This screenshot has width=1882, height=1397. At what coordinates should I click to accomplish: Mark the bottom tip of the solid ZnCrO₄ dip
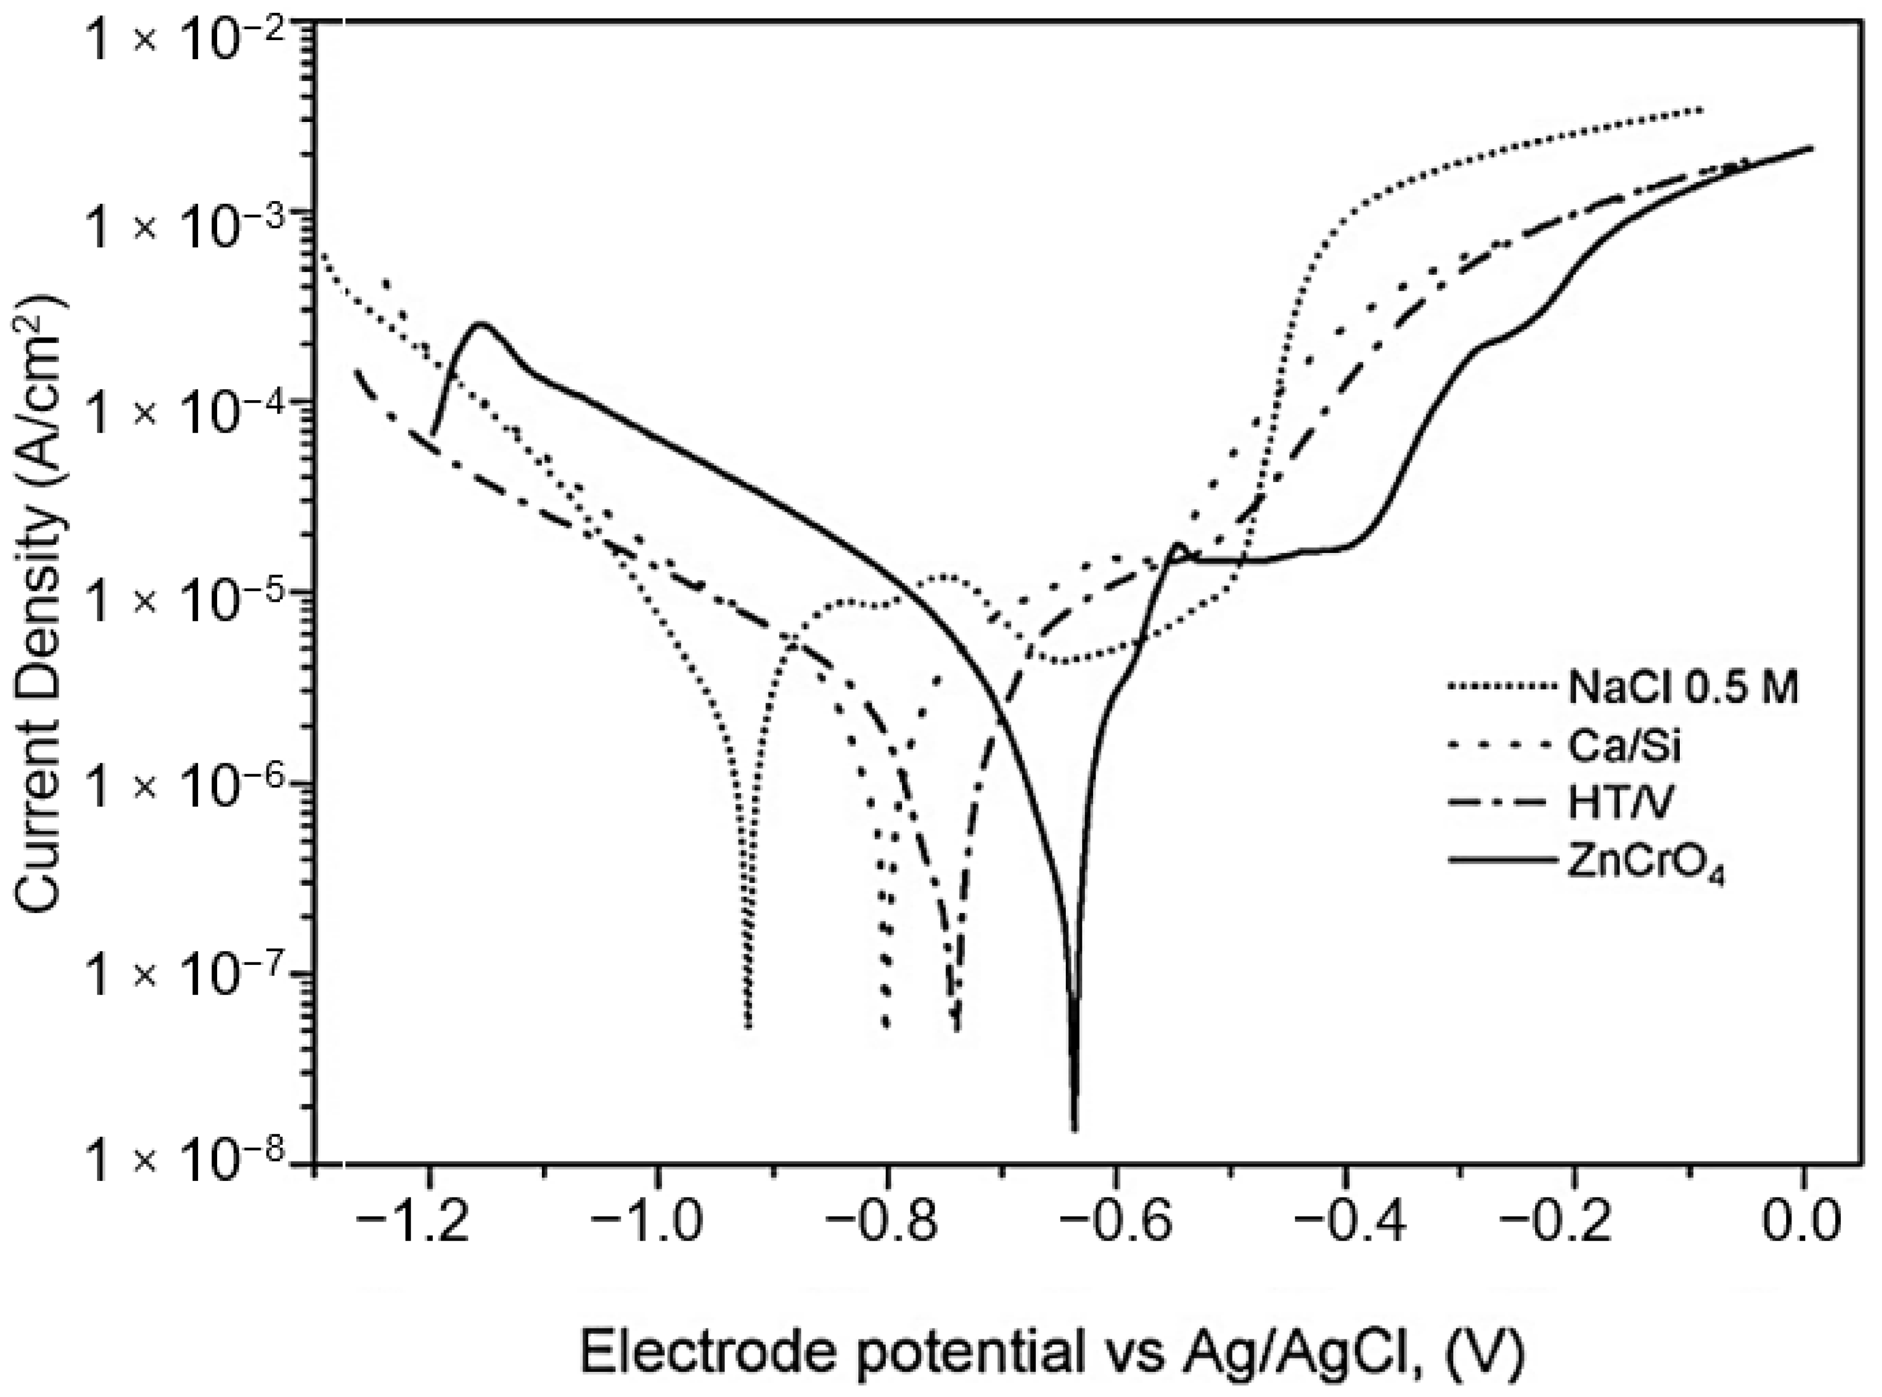click(x=1074, y=1129)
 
